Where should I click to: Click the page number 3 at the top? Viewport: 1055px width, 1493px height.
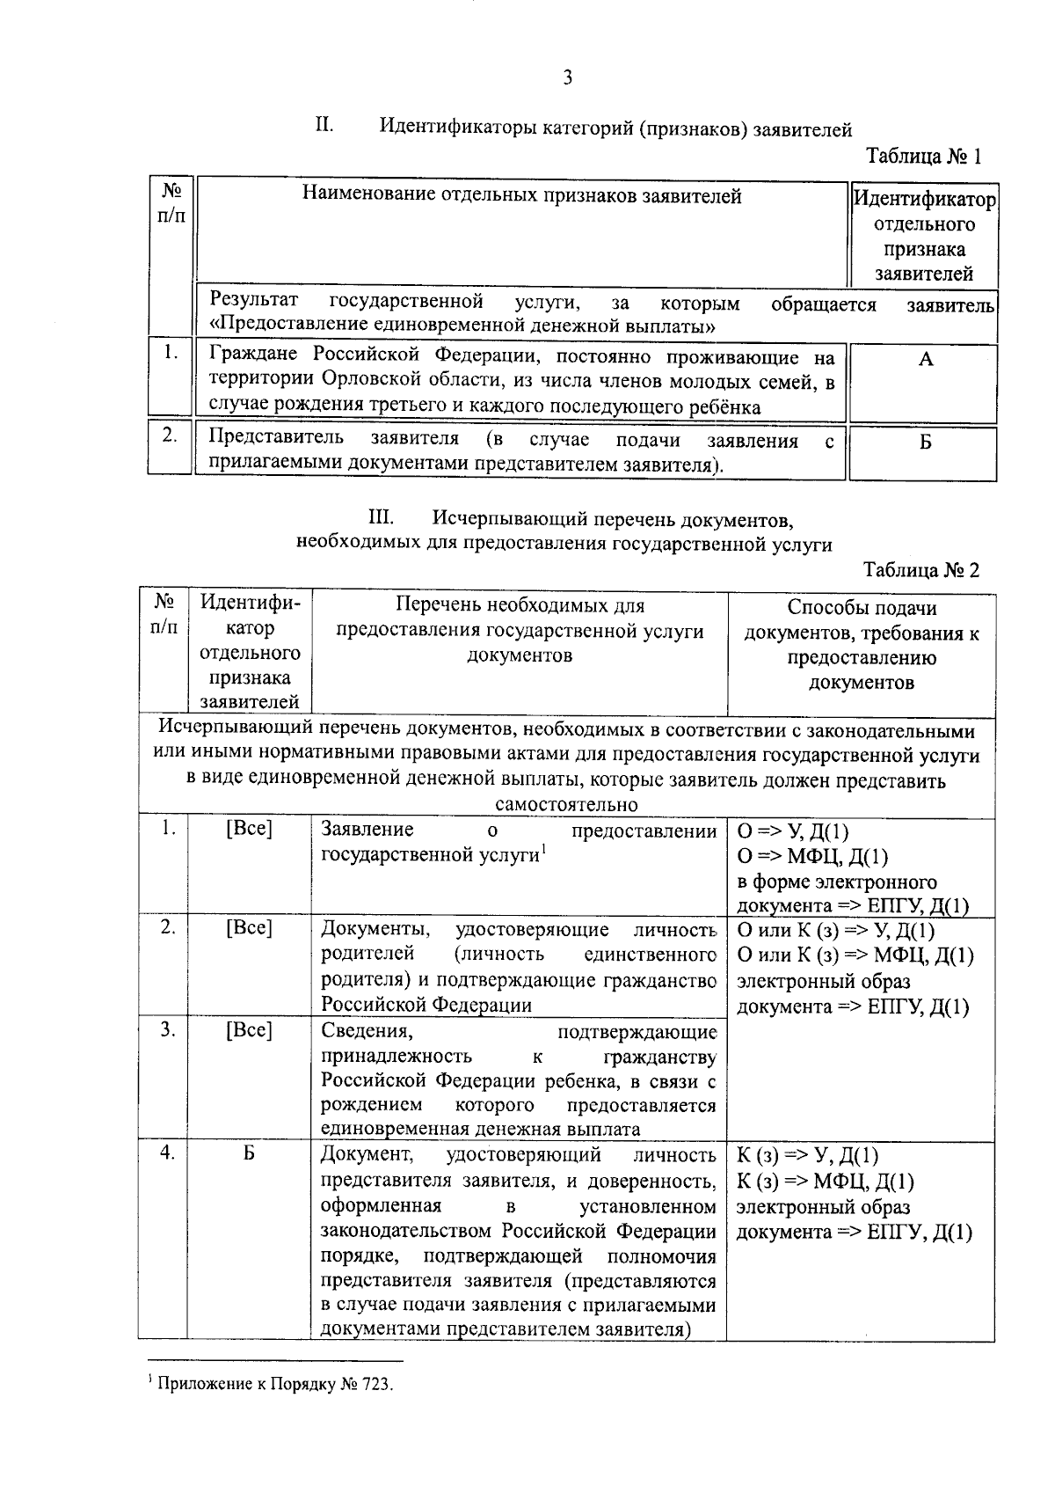coord(568,78)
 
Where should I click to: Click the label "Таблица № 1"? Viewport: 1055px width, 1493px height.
coord(923,157)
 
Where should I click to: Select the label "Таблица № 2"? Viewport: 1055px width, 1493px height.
coord(921,569)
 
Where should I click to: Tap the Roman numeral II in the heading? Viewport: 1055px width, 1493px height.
coord(324,125)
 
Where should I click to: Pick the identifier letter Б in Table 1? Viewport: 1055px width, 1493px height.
coord(925,442)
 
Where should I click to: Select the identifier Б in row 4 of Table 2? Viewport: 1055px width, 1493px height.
coord(249,1153)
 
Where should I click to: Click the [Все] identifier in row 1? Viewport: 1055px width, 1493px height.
coord(249,828)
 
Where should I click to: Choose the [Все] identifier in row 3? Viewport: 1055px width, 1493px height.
coord(249,1029)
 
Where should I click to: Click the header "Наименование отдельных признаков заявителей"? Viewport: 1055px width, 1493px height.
coord(522,195)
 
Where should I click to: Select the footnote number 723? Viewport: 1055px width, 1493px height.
coord(372,1384)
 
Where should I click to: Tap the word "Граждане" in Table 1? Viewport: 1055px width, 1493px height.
coord(253,356)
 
